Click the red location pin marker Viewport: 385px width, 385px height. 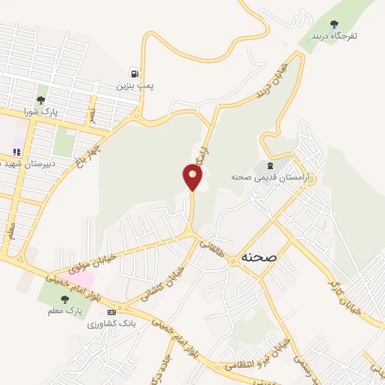tap(192, 177)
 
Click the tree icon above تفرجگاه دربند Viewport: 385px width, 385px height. tap(335, 24)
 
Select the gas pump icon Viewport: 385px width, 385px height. tap(135, 74)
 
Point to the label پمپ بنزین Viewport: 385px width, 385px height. tap(135, 86)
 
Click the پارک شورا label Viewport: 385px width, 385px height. tap(41, 111)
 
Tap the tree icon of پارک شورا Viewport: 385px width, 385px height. tap(41, 100)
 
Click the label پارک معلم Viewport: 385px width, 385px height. tap(63, 309)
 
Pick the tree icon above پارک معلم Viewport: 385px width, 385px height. tap(63, 298)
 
